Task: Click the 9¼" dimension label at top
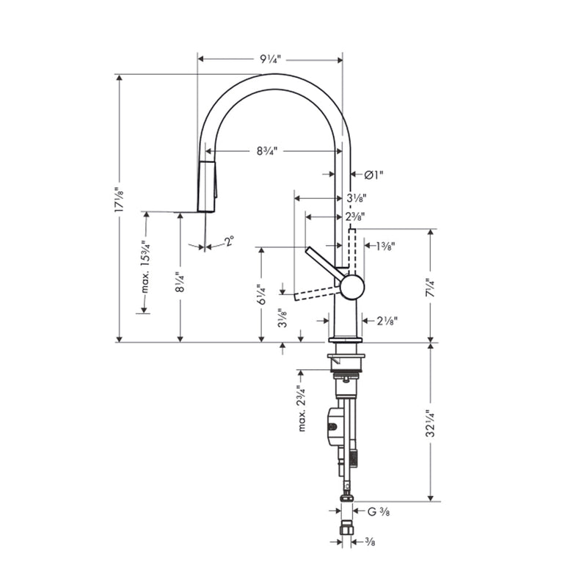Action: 271,59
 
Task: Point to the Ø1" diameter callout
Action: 373,175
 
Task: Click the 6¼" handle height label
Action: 261,296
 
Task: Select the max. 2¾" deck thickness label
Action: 301,408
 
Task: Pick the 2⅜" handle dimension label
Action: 355,216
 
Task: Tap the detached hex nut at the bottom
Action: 347,528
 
